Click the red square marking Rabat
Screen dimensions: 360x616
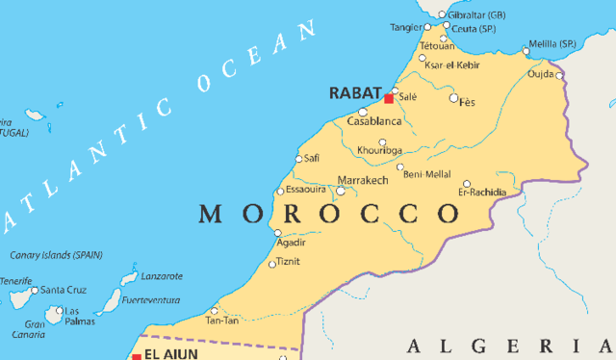point(389,98)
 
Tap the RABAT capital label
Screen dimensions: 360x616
point(355,93)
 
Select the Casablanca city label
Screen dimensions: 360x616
point(373,122)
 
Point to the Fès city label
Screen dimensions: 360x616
point(468,101)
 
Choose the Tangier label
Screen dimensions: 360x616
point(405,27)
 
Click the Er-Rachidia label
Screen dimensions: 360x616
point(482,193)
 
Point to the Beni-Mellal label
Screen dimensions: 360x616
point(427,173)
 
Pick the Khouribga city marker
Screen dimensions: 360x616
point(382,143)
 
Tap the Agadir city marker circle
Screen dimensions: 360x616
point(278,232)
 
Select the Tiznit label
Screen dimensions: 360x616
point(289,261)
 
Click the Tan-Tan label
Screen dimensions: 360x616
point(221,320)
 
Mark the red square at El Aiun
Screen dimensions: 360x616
point(136,356)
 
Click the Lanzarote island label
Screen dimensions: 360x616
point(161,276)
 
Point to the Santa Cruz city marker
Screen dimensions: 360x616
point(35,290)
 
